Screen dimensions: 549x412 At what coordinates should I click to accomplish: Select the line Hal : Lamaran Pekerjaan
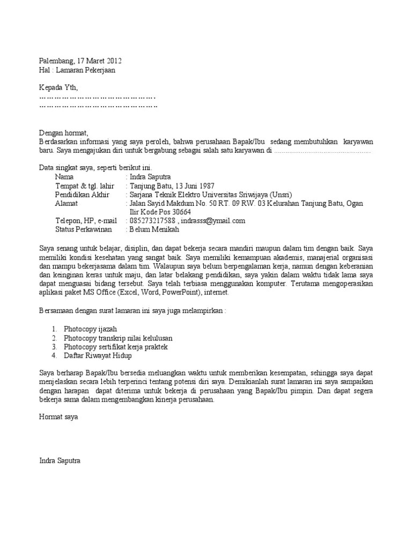coord(77,70)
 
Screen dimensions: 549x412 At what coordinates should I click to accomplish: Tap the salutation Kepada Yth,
coord(59,88)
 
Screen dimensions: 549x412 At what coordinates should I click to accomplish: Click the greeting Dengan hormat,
coord(63,132)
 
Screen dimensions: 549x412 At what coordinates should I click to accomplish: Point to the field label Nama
coord(65,176)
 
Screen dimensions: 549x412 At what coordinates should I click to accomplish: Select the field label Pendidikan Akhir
coord(82,194)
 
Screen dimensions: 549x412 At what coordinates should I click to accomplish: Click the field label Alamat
coord(67,203)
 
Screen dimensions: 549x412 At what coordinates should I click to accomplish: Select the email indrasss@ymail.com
coord(214,220)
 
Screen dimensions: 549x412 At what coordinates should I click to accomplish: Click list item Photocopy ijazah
coord(90,329)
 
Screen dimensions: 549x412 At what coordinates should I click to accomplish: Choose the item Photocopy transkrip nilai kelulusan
coord(118,338)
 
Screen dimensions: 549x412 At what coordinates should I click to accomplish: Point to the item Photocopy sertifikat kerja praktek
coord(116,347)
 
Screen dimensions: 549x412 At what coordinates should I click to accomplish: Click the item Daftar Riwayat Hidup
coord(98,355)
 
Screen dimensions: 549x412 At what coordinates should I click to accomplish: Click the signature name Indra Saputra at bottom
coord(60,461)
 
